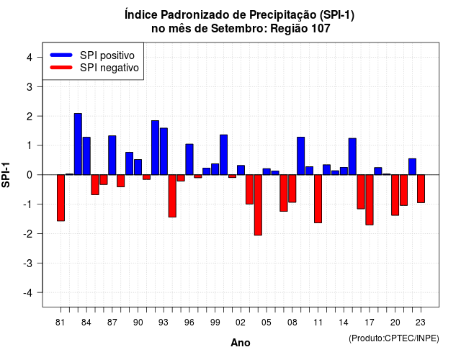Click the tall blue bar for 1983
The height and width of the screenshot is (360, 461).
[78, 144]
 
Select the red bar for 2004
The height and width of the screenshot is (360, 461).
[258, 204]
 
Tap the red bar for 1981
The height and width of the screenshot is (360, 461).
[61, 198]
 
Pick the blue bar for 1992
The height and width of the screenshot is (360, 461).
[156, 148]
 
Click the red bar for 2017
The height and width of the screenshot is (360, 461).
[370, 200]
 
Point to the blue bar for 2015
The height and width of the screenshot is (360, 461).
[352, 156]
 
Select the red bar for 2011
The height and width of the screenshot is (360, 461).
[318, 199]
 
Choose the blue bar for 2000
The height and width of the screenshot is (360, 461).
[224, 155]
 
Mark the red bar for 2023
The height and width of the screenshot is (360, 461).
[421, 189]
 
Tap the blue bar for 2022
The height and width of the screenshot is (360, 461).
[413, 166]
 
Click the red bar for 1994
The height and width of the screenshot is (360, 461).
[172, 196]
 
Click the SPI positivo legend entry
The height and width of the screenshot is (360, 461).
[92, 55]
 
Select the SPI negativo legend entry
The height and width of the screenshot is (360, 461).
[94, 68]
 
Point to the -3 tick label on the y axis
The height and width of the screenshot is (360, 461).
[29, 263]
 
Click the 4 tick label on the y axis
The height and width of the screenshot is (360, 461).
[30, 58]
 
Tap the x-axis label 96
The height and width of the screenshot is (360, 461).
[189, 323]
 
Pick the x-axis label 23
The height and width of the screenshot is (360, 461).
[421, 323]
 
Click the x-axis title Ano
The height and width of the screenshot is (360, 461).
[241, 343]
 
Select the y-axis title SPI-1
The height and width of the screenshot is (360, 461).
[6, 175]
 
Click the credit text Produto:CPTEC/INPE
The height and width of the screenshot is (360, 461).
[394, 338]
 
